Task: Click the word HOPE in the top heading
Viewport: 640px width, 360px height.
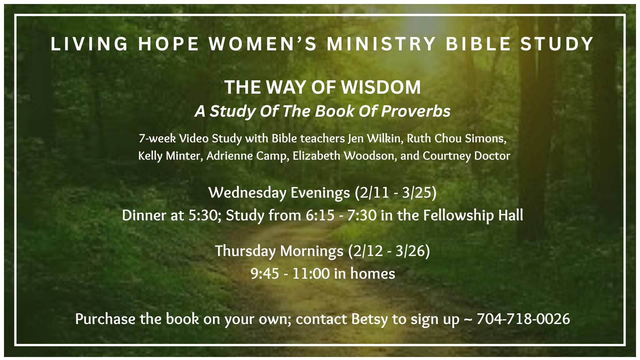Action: click(168, 44)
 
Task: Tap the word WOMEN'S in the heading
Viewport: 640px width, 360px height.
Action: click(263, 44)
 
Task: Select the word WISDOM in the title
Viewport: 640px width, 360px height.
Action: click(381, 87)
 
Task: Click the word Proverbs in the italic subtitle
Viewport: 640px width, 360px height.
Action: click(416, 111)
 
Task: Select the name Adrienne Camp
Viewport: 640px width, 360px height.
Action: click(248, 156)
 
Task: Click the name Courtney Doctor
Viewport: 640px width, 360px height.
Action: click(466, 156)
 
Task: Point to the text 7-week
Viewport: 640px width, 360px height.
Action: click(157, 138)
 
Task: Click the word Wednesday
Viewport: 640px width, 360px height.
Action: click(247, 193)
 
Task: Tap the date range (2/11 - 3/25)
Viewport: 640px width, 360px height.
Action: click(396, 193)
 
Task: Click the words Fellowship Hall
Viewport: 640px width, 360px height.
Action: click(473, 215)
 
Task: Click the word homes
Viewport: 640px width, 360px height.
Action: click(373, 274)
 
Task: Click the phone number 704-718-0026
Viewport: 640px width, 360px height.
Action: click(523, 319)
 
